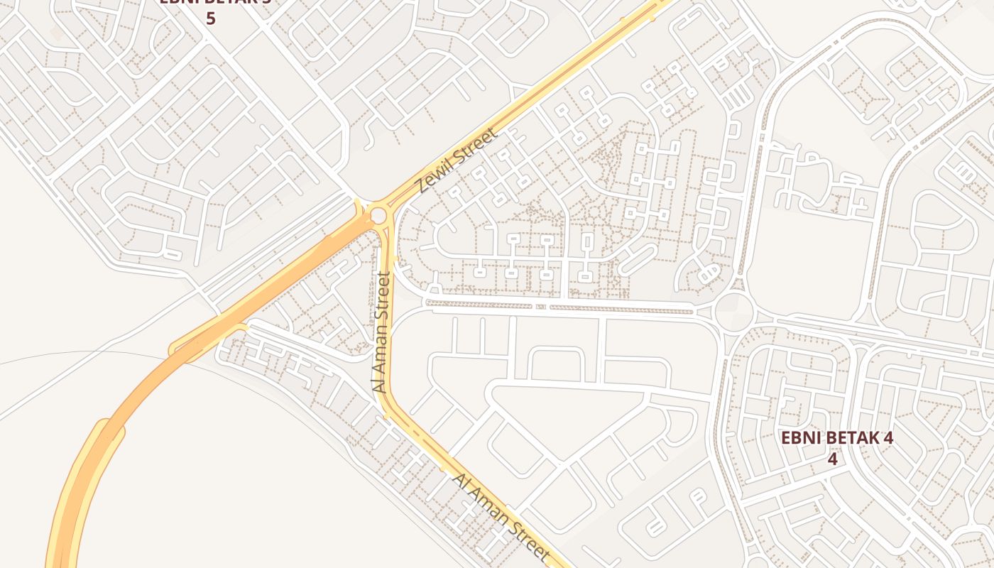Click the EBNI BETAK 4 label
click(836, 437)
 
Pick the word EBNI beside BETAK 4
click(799, 437)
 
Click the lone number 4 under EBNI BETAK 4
click(832, 459)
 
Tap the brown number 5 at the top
click(210, 18)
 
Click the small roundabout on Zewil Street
click(378, 215)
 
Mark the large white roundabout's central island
click(734, 312)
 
